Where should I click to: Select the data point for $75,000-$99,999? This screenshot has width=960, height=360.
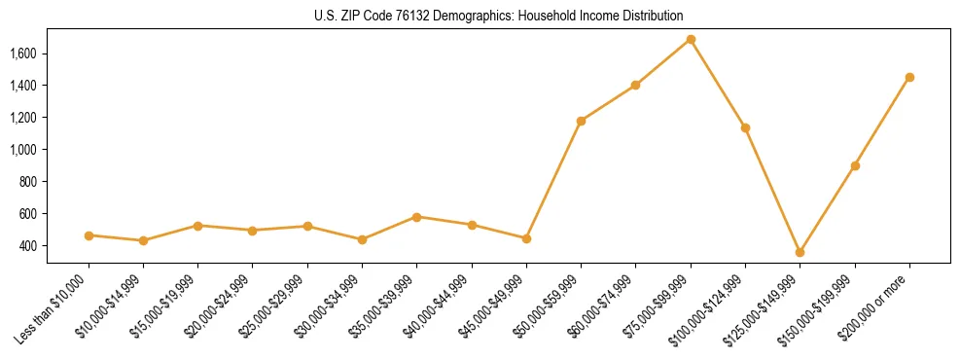691,40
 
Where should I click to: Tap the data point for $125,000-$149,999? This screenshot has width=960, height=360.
800,252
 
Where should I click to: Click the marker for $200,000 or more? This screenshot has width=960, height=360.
909,77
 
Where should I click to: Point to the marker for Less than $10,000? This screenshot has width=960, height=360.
89,235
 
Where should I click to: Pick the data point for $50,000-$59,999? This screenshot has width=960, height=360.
581,121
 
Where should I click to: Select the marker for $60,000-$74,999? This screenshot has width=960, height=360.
636,85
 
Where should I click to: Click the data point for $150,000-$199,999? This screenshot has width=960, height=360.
855,165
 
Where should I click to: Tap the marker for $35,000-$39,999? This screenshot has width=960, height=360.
417,217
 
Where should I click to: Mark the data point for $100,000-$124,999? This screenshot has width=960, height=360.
745,127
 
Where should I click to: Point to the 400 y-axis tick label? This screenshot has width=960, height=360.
54,246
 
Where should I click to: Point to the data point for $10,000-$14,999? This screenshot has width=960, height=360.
143,240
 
